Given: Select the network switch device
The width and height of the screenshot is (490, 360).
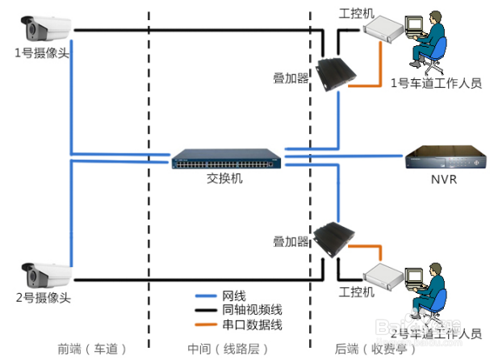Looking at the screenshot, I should pyautogui.click(x=227, y=159).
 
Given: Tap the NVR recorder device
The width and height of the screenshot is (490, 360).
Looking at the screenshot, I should pyautogui.click(x=444, y=158).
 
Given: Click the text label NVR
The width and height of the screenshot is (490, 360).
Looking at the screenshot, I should pyautogui.click(x=444, y=179).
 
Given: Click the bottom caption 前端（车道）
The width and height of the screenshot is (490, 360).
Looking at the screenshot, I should pyautogui.click(x=93, y=349).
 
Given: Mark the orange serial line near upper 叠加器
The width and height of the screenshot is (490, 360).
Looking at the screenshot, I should pyautogui.click(x=365, y=85).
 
